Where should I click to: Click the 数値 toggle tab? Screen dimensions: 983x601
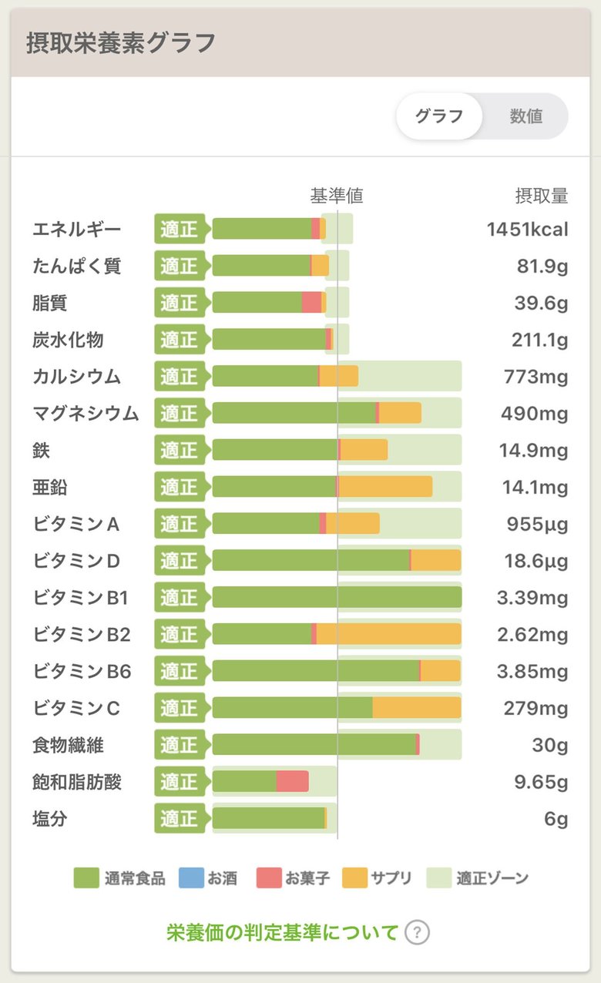[x=526, y=116]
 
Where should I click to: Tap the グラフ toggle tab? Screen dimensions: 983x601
[x=439, y=116]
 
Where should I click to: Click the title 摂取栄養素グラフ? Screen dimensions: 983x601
[x=121, y=43]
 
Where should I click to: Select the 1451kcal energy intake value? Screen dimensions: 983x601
[x=527, y=230]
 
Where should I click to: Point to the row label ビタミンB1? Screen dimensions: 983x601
[x=81, y=598]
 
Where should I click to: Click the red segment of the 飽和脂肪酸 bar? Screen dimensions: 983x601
[x=293, y=782]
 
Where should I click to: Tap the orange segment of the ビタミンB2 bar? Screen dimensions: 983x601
[x=388, y=634]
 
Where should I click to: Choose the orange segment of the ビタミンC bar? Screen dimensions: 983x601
[x=416, y=708]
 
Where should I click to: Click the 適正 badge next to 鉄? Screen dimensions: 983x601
[x=180, y=450]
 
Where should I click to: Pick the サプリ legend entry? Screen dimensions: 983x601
[x=378, y=877]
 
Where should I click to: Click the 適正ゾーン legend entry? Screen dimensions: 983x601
[x=478, y=877]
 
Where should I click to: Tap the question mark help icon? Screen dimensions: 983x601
[x=417, y=933]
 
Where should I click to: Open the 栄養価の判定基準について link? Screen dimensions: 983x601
[x=283, y=933]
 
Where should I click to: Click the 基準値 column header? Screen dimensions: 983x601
[x=337, y=196]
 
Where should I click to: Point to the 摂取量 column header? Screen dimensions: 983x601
[x=541, y=196]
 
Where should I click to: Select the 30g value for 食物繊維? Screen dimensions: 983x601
[x=550, y=746]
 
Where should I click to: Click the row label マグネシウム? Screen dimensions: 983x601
[x=86, y=414]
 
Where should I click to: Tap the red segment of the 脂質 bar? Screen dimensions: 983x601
[x=311, y=303]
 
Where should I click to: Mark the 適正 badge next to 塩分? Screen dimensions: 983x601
[x=180, y=819]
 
